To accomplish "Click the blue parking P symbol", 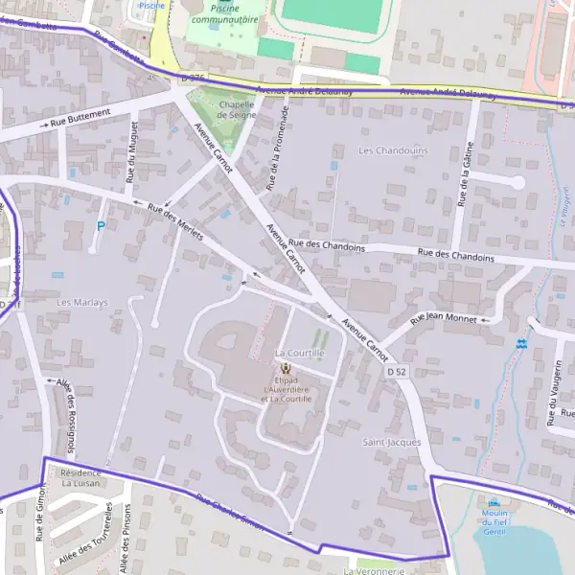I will click(101, 226).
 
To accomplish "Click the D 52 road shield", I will click(397, 371).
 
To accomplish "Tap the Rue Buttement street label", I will click(80, 118).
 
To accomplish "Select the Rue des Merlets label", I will click(175, 221).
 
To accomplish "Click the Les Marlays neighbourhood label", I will click(82, 303).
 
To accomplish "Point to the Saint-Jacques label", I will click(392, 442).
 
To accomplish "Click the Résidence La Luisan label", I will click(80, 477).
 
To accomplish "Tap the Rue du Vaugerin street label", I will click(554, 393).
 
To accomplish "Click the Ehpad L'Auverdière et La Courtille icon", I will click(285, 368).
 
